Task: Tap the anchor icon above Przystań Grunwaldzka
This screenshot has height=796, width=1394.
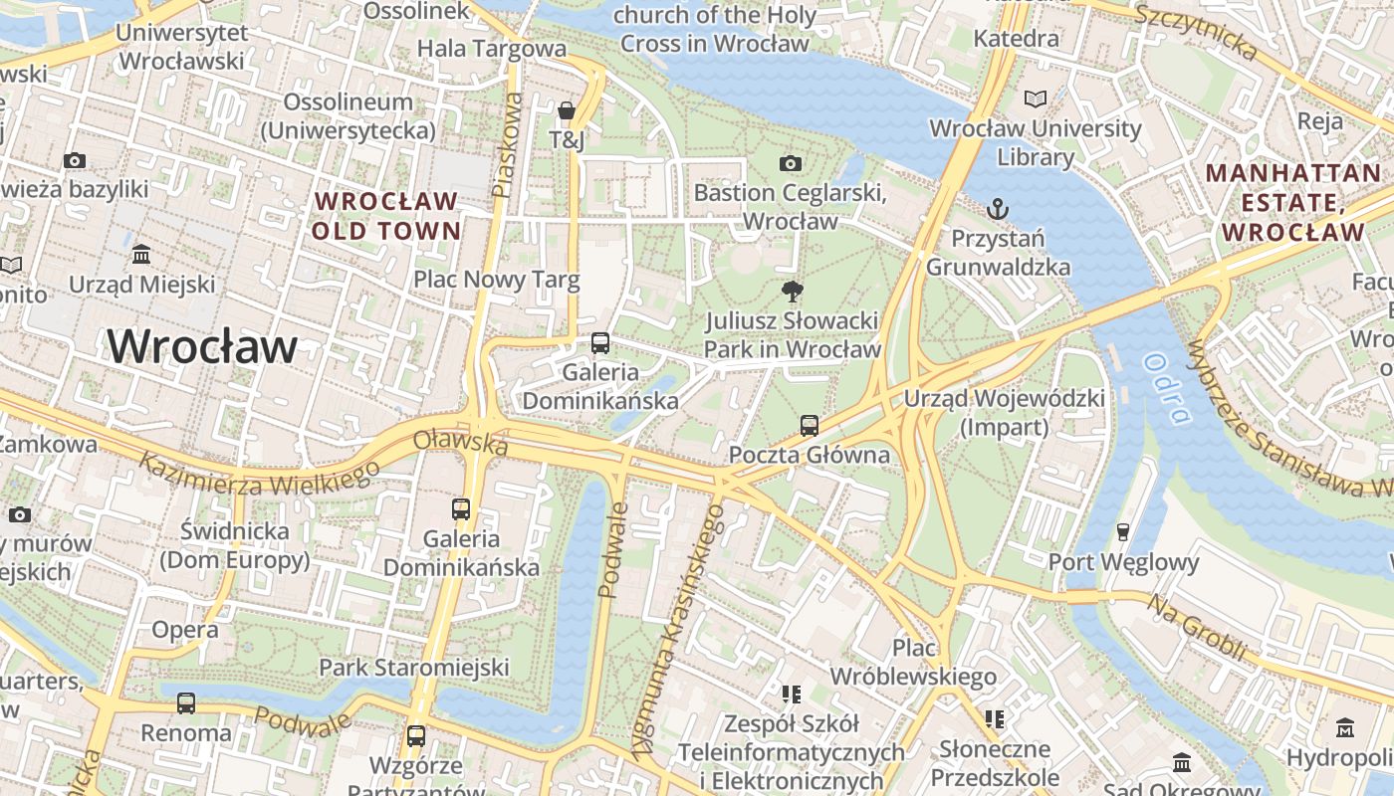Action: [x=997, y=209]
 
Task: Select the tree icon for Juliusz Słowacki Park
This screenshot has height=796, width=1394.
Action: [x=793, y=292]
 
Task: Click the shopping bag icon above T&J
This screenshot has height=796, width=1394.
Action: [x=567, y=110]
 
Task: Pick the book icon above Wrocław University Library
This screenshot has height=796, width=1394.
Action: [x=1036, y=99]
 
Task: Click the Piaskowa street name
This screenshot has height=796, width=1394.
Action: [x=507, y=144]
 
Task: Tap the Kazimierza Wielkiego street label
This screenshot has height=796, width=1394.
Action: [x=259, y=475]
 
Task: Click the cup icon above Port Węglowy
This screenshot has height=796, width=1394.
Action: [x=1123, y=532]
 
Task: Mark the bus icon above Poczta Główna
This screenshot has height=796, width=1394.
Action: [x=810, y=426]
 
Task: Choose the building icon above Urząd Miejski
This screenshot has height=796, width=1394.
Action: [x=141, y=255]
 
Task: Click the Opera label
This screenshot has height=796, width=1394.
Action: [x=185, y=630]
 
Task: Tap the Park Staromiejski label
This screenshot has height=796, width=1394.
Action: [x=413, y=667]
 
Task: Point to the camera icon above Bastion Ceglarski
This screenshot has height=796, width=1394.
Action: [x=791, y=163]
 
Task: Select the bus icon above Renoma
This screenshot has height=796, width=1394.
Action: [x=186, y=703]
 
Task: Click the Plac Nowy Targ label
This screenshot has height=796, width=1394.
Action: [x=496, y=280]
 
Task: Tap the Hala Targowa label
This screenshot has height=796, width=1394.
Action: [x=491, y=48]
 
